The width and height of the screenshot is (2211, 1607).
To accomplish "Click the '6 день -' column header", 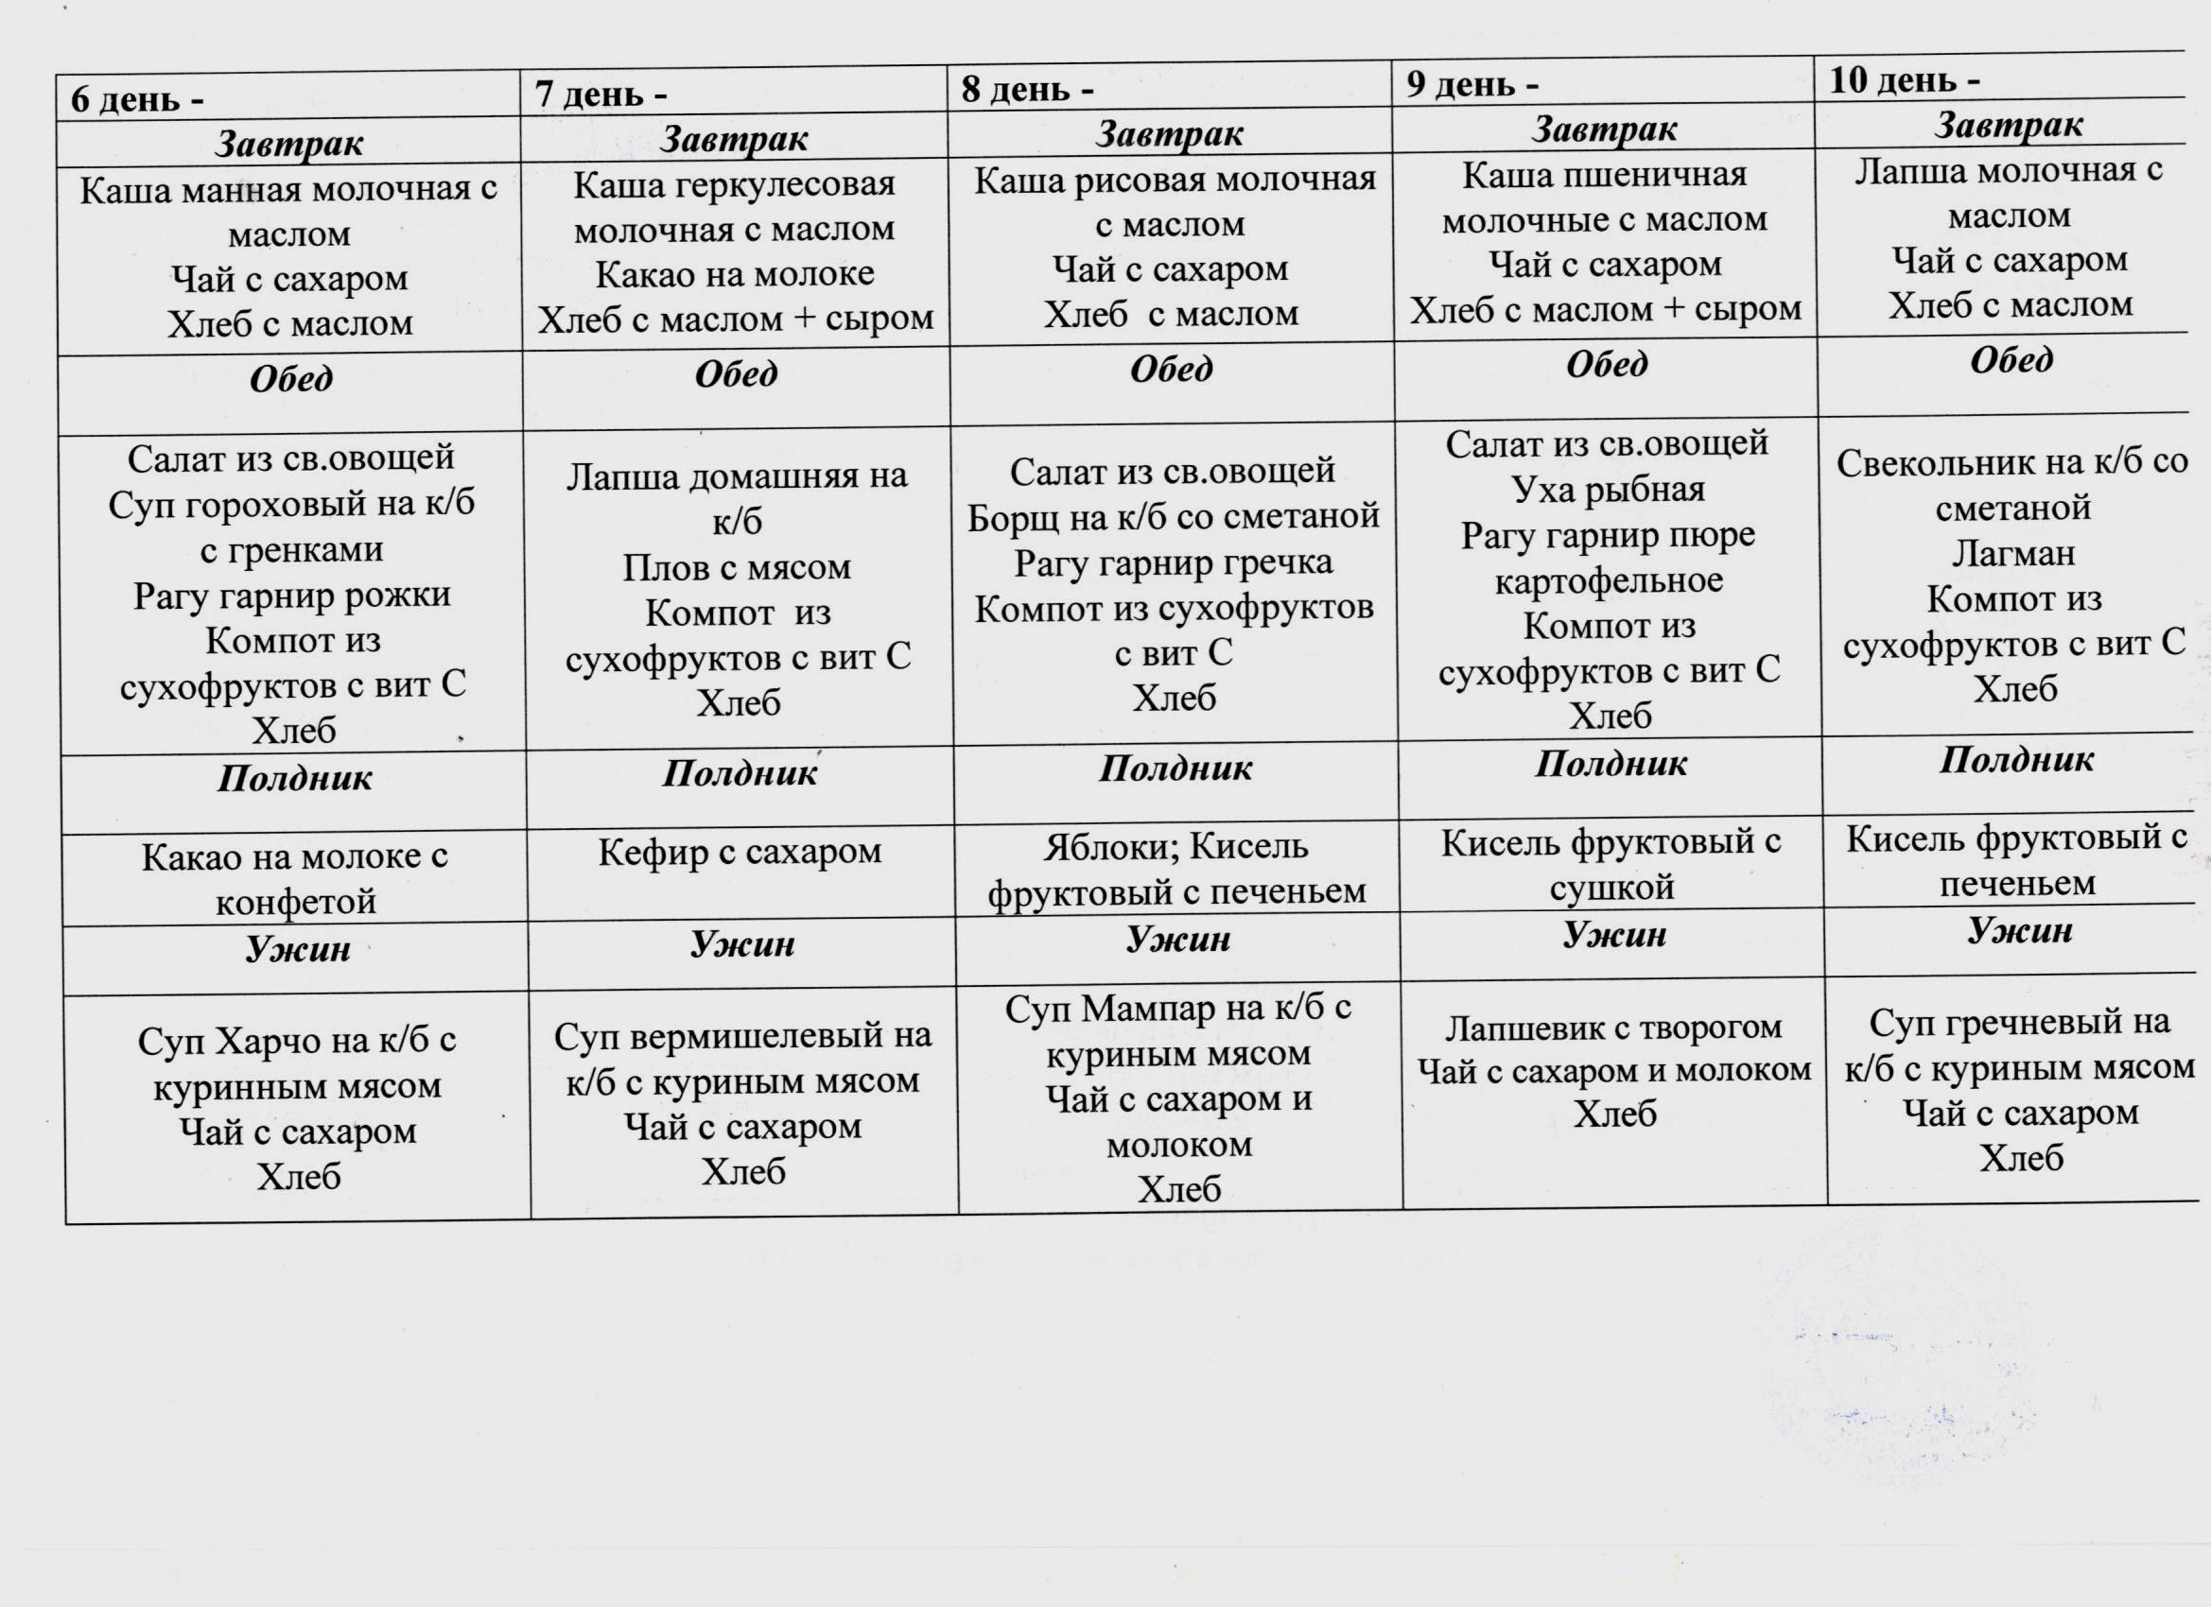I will [x=137, y=99].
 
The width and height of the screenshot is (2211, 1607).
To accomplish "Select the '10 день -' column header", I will [x=1904, y=80].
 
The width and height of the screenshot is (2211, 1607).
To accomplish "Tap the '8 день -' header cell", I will [x=1028, y=89].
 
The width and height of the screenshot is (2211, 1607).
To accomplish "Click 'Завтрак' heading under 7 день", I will [x=733, y=138].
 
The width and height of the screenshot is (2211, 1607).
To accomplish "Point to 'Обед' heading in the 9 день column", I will [x=1607, y=364].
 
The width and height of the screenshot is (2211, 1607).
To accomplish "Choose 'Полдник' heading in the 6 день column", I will [x=294, y=778].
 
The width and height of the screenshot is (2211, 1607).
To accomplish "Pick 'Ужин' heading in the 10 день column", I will [x=2019, y=931].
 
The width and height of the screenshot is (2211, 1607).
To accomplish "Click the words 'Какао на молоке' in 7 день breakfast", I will [x=734, y=275].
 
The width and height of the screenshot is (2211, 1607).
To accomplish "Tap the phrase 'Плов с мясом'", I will [x=737, y=567].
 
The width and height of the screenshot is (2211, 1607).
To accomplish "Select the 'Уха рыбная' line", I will [x=1609, y=490].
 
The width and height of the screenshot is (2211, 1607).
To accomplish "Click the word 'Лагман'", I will [x=2013, y=554].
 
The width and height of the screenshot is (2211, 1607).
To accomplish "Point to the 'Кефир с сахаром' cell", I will [x=740, y=853].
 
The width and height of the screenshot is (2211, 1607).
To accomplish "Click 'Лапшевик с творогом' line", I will [x=1612, y=1028].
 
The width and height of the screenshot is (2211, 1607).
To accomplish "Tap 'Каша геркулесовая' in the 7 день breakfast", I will [x=734, y=184].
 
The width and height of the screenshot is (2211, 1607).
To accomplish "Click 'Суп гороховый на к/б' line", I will [x=291, y=504].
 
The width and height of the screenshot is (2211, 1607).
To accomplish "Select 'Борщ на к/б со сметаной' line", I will [x=1173, y=516].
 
